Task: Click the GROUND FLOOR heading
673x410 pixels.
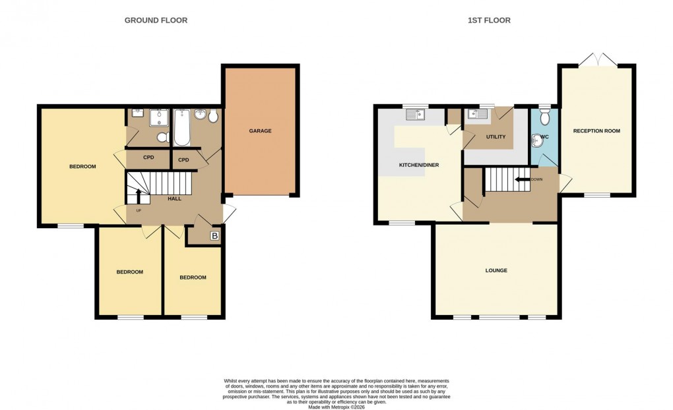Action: [156, 20]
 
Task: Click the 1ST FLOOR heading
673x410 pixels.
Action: [489, 20]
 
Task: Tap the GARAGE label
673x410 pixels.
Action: [260, 131]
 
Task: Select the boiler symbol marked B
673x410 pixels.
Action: [214, 235]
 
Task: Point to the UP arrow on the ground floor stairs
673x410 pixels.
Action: [139, 195]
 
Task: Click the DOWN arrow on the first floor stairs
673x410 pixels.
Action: [525, 179]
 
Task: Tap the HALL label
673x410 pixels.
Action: [174, 198]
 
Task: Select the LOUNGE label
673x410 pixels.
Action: [496, 270]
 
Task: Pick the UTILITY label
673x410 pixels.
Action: [496, 137]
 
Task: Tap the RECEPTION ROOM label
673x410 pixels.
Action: [596, 131]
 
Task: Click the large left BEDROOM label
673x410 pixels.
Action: [82, 167]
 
